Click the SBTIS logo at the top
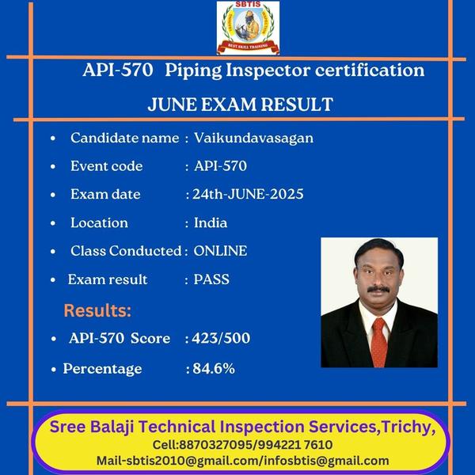(248, 28)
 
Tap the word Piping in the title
(193, 71)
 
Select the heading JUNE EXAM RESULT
(241, 104)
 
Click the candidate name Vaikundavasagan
(253, 138)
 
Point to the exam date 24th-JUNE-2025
(248, 194)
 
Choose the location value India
(211, 222)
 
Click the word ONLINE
(220, 251)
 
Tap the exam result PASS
(211, 279)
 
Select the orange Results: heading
(97, 310)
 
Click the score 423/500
(221, 338)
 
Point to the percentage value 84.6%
(214, 368)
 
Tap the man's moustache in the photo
(378, 289)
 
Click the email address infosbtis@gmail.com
(326, 461)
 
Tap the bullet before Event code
(53, 166)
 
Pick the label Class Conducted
(126, 251)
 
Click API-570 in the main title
(117, 70)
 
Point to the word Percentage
(102, 369)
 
